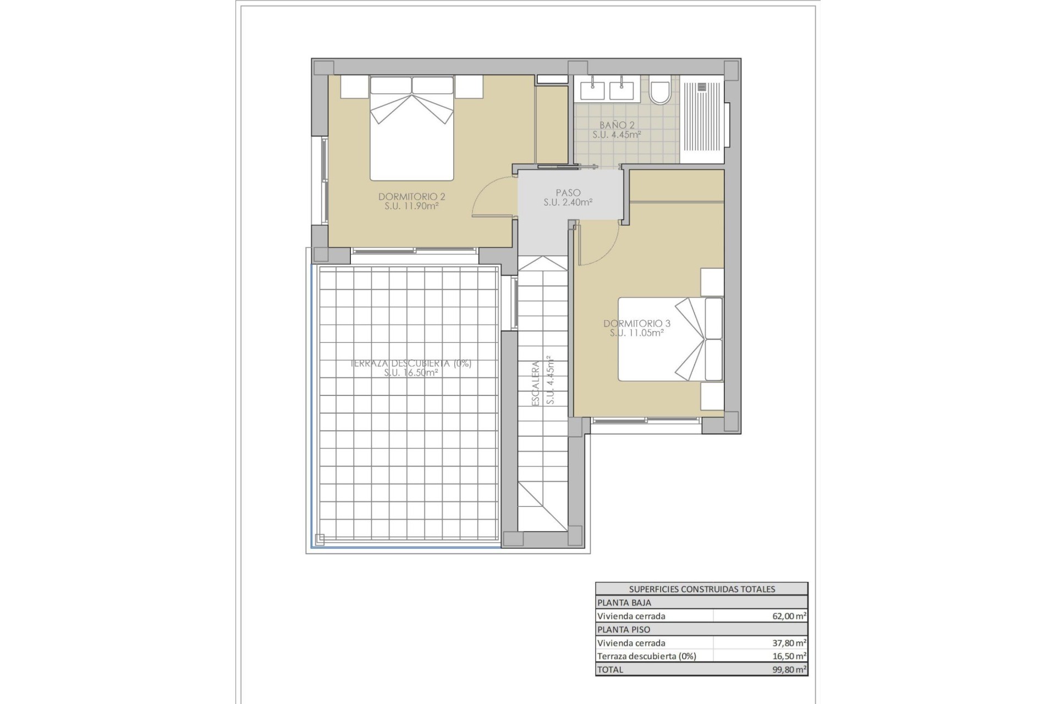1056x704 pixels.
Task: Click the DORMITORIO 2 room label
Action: (x=411, y=197)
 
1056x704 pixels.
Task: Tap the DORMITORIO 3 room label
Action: (x=637, y=323)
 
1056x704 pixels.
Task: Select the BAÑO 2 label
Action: (x=617, y=125)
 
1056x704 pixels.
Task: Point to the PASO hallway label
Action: (x=568, y=193)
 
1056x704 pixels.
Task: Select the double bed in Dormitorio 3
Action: (x=670, y=339)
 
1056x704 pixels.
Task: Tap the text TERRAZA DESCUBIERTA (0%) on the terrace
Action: (x=411, y=364)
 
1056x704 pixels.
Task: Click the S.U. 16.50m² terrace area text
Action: (x=411, y=373)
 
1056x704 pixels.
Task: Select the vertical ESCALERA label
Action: (x=535, y=383)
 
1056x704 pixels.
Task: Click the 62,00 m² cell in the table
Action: (x=789, y=616)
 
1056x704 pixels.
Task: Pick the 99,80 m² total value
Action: (x=789, y=669)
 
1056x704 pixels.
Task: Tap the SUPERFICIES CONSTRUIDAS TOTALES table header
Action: (x=702, y=589)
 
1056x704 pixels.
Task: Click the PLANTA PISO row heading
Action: (x=624, y=629)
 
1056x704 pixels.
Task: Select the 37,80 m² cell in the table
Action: (x=789, y=642)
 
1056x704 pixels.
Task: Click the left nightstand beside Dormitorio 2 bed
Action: (x=354, y=87)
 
